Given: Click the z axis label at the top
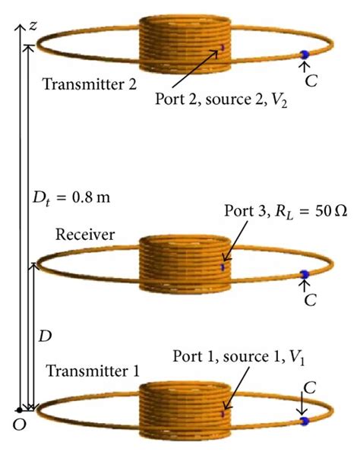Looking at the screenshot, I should click(x=33, y=26).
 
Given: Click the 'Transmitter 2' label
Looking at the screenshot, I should click(x=90, y=84).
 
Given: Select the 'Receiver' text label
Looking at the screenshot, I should click(x=84, y=235).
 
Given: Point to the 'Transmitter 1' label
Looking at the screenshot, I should click(x=93, y=371).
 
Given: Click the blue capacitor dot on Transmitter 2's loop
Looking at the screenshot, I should click(x=304, y=54).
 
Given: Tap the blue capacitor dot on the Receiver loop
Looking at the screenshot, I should click(x=305, y=274).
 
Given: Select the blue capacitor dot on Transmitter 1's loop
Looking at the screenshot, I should click(x=304, y=420).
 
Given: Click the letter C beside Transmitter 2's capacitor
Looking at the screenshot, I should click(x=310, y=79).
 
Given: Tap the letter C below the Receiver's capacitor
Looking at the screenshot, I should click(x=310, y=299).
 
